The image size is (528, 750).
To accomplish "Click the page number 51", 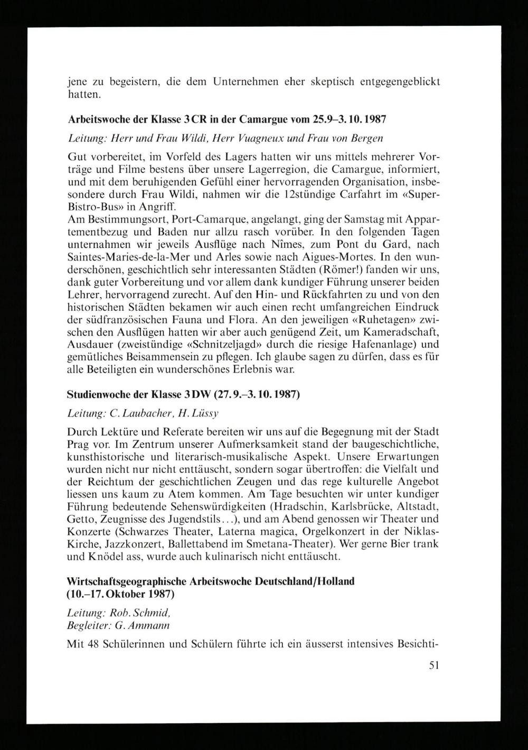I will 434,665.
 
